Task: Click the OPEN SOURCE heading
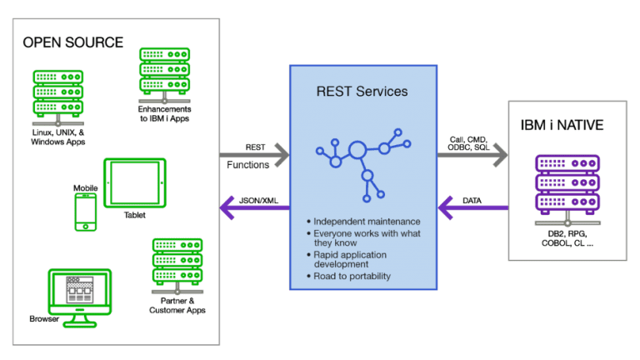[72, 42]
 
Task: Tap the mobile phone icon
[85, 212]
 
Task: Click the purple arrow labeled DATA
[473, 207]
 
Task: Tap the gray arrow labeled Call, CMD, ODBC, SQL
[473, 154]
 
